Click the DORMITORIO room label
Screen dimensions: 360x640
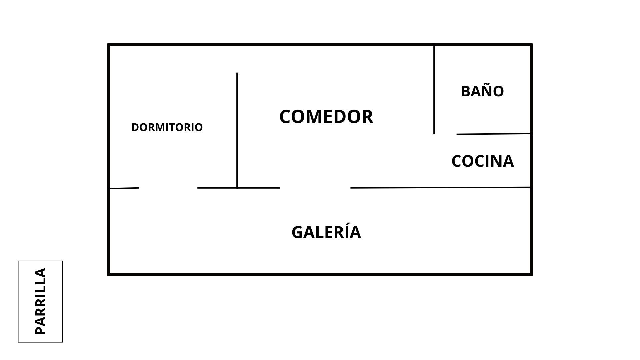click(x=167, y=127)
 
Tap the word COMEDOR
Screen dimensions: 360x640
click(x=326, y=117)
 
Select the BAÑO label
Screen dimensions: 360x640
click(x=482, y=91)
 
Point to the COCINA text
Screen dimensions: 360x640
click(x=482, y=161)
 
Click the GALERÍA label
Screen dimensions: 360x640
click(x=326, y=232)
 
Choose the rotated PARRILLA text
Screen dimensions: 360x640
click(x=40, y=301)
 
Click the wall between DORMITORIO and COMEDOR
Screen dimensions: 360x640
click(x=237, y=130)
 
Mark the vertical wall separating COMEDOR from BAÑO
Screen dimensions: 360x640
click(x=434, y=89)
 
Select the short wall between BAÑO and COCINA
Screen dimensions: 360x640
click(x=494, y=134)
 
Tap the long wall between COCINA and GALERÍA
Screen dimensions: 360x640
click(x=441, y=188)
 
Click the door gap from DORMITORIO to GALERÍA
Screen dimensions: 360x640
click(x=168, y=188)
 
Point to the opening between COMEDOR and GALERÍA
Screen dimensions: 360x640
click(x=315, y=188)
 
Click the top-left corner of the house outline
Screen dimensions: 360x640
click(x=109, y=45)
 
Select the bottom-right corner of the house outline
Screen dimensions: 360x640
click(x=531, y=274)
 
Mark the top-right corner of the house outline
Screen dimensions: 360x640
click(x=531, y=45)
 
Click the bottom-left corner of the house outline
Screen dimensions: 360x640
click(x=109, y=274)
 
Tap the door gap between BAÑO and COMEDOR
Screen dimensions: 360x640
click(x=445, y=134)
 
